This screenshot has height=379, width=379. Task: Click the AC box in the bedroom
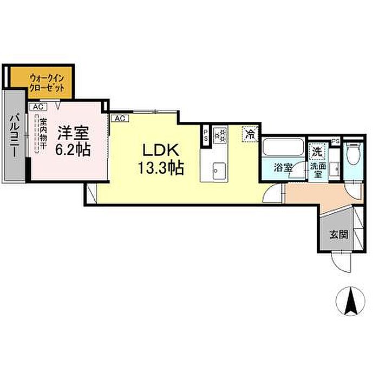point(37,107)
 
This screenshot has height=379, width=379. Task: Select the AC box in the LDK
point(120,117)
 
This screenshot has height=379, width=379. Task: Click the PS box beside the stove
point(206,135)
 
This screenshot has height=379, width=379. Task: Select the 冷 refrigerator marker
point(250,132)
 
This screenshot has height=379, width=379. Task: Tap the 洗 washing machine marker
point(315,151)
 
